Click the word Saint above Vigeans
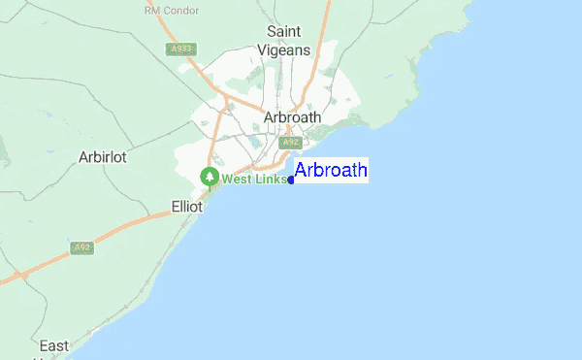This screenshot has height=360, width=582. click(x=288, y=31)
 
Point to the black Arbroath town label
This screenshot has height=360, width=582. click(x=292, y=117)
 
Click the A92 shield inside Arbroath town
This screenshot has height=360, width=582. click(x=289, y=143)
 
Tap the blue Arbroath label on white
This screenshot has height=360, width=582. click(x=331, y=171)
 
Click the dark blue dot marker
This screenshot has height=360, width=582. click(x=291, y=180)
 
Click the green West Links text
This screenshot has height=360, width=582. click(x=254, y=179)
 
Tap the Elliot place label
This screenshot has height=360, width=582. click(x=185, y=207)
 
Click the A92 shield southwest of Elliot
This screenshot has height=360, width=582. click(x=82, y=248)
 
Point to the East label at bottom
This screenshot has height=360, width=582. click(x=54, y=345)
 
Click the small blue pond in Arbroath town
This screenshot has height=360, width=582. click(x=255, y=142)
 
